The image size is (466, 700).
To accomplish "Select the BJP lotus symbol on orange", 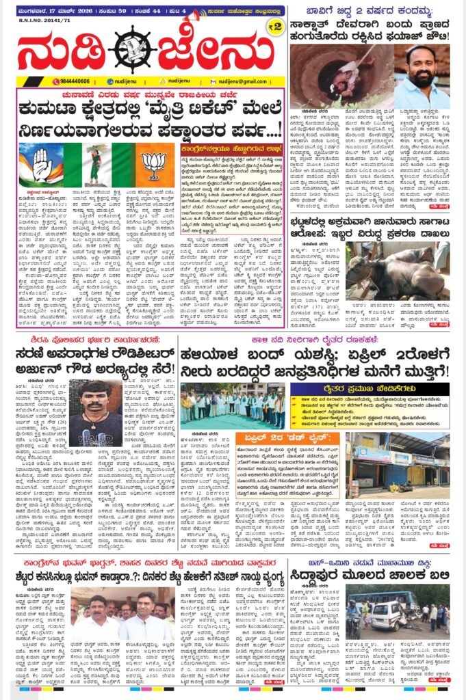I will [157, 164].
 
